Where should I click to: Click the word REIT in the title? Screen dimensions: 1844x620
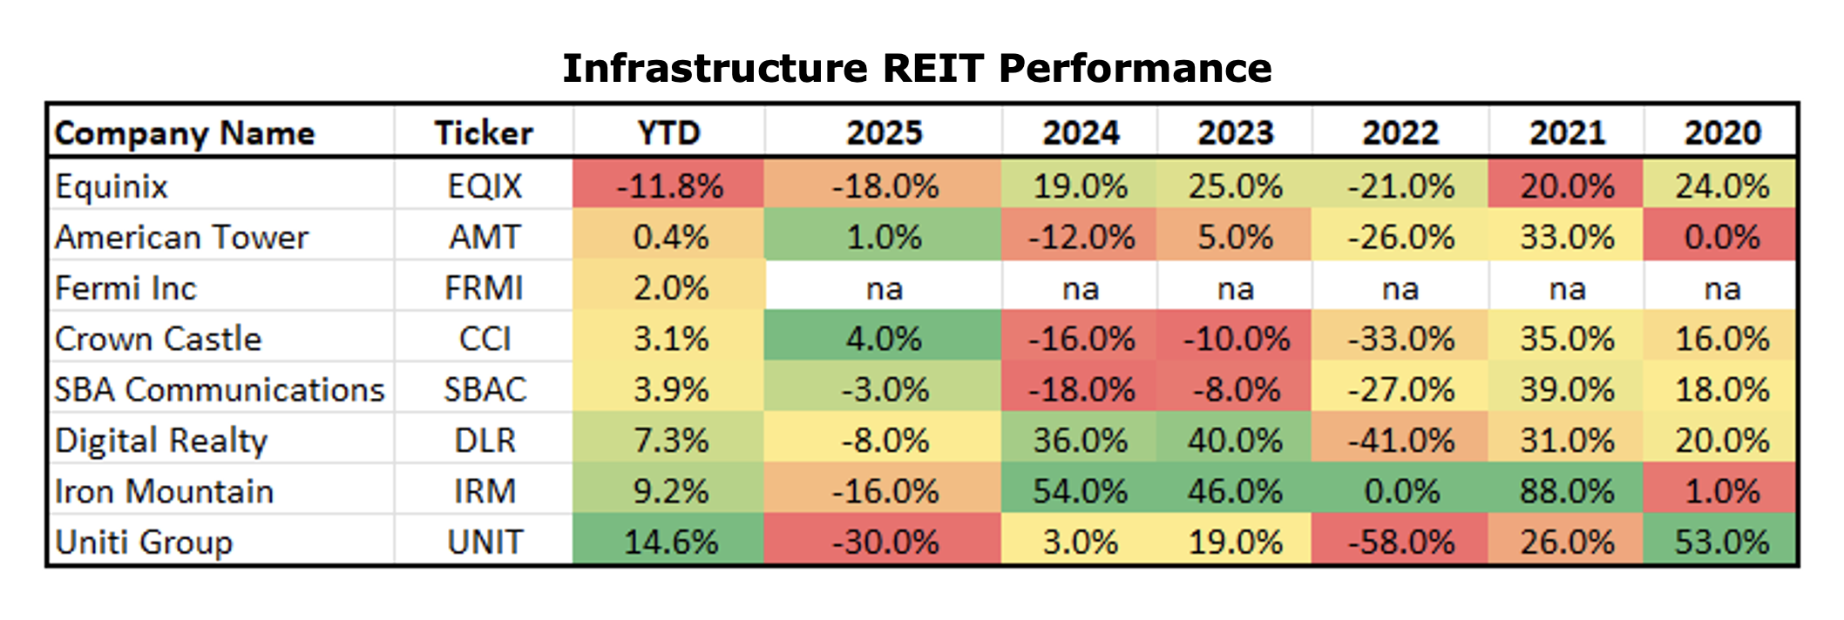click(x=933, y=68)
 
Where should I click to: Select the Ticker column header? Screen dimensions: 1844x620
click(x=484, y=133)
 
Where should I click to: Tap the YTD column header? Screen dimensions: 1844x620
click(x=669, y=133)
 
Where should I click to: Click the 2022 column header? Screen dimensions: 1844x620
click(x=1400, y=133)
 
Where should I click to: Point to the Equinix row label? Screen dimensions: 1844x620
click(x=111, y=187)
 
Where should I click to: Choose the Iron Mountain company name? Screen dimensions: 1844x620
click(x=164, y=492)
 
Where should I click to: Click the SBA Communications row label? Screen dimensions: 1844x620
click(x=219, y=390)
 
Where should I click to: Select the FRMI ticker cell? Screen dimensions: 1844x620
click(x=485, y=288)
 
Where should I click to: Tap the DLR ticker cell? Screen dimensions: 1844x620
click(x=485, y=441)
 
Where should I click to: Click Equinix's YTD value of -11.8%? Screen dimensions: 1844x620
click(x=669, y=186)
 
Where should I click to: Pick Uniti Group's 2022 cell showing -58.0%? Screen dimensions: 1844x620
click(x=1400, y=542)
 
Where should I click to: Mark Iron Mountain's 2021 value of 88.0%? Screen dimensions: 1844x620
click(x=1567, y=492)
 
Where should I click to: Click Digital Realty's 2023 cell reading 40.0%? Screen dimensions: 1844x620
click(x=1235, y=441)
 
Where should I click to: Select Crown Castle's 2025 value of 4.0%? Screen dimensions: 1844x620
click(x=884, y=339)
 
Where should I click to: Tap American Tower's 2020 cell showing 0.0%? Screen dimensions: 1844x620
click(x=1722, y=237)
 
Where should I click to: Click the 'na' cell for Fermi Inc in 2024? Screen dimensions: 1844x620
click(x=1081, y=289)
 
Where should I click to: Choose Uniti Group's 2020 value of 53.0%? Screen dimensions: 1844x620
click(x=1722, y=542)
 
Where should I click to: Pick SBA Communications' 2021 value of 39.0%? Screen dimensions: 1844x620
click(x=1567, y=390)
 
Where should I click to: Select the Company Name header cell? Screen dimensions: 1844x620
click(x=185, y=133)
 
